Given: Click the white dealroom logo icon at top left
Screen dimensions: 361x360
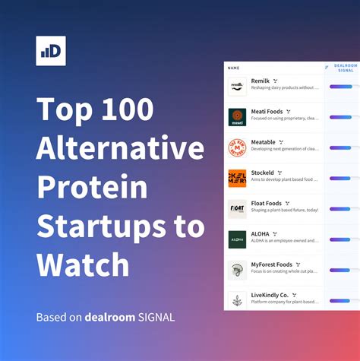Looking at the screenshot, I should [50, 51].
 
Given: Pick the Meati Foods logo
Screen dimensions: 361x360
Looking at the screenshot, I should [237, 116].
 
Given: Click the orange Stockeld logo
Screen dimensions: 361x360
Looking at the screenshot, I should [237, 177].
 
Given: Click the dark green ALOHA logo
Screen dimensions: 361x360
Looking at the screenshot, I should [237, 239].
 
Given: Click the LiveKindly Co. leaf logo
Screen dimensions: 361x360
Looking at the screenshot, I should [237, 299].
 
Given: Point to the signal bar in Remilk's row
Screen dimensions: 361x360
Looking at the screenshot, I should [344, 86].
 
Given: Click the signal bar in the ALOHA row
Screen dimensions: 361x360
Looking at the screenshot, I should [344, 239].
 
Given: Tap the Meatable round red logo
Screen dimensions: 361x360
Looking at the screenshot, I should [237, 147].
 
